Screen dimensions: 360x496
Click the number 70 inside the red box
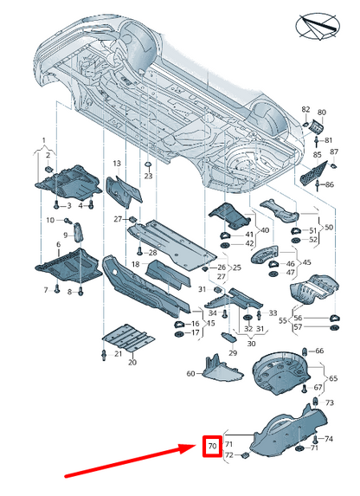point(212,446)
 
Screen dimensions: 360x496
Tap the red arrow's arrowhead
point(189,448)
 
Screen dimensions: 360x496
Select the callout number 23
point(148,176)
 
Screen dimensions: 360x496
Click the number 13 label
point(117,164)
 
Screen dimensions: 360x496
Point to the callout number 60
point(190,374)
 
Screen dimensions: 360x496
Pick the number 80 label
point(321,113)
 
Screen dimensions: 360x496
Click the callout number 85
point(317,155)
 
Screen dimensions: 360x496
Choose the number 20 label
point(132,362)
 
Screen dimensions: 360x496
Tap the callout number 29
point(233,352)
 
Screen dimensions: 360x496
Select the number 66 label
point(319,351)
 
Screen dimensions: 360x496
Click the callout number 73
point(330,403)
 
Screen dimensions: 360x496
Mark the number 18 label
point(135,264)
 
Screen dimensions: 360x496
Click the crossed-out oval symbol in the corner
point(318,27)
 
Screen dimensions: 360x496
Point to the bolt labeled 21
point(104,355)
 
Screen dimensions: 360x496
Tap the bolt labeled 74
point(315,439)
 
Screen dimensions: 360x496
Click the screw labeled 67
point(305,388)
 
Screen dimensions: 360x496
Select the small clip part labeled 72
point(245,455)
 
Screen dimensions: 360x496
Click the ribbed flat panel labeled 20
point(128,338)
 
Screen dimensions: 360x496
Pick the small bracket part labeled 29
point(228,338)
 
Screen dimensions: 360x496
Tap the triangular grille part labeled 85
point(312,173)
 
